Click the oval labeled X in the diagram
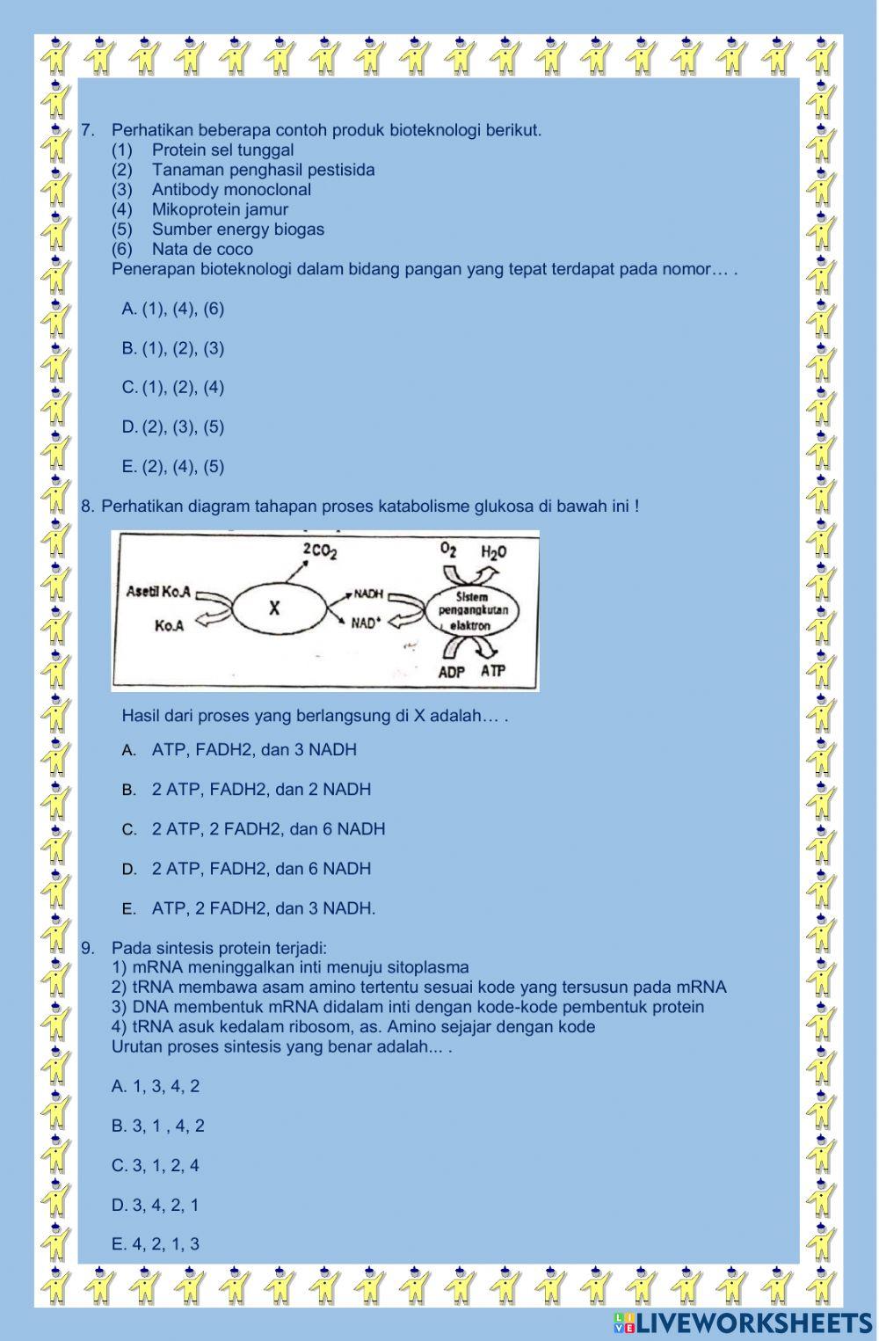(274, 608)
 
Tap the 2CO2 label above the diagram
(320, 550)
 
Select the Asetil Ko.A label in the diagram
(159, 591)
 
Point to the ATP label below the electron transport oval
(493, 671)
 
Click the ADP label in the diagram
(451, 672)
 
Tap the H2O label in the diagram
(493, 551)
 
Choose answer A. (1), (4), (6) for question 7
(173, 309)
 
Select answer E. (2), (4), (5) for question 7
(173, 467)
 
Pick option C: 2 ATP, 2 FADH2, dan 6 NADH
(267, 829)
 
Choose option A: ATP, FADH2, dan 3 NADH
(253, 750)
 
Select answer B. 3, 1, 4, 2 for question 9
(158, 1126)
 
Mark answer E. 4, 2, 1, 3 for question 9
(156, 1244)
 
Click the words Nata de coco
(202, 249)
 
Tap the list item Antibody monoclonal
(231, 190)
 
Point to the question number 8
(87, 507)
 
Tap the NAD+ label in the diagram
(366, 623)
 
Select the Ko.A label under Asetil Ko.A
(169, 626)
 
